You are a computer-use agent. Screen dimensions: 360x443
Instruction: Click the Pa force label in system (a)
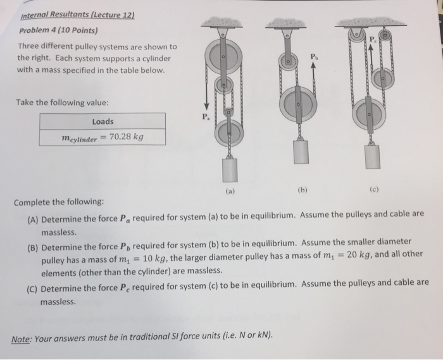[204, 118]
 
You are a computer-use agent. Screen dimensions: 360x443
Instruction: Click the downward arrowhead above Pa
[204, 108]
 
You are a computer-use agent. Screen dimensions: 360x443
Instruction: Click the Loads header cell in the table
[103, 121]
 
